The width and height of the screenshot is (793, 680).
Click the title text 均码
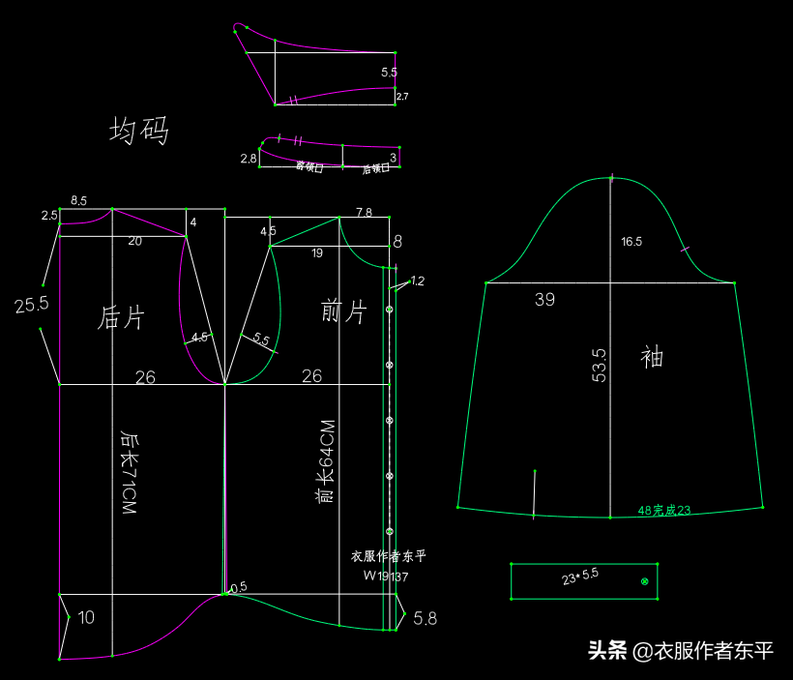[x=139, y=131]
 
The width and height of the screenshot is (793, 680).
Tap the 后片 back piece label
[x=122, y=317]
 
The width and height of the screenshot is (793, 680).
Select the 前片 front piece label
[x=343, y=311]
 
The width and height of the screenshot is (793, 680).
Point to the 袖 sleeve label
[x=652, y=357]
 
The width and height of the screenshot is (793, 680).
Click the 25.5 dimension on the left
[x=31, y=306]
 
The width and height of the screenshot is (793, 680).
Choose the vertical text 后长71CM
[x=128, y=472]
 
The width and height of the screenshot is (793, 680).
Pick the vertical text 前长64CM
[x=327, y=461]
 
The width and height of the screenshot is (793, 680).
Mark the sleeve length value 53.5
[x=600, y=366]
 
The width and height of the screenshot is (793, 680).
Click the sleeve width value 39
[x=545, y=300]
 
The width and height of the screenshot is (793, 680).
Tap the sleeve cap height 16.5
[x=631, y=242]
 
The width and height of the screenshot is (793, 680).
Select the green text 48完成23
[x=664, y=510]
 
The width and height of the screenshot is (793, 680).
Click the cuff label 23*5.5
[x=580, y=577]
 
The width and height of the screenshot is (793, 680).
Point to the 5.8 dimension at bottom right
[x=425, y=618]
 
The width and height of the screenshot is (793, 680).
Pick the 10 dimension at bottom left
[x=86, y=617]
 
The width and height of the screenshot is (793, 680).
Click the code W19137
[x=386, y=576]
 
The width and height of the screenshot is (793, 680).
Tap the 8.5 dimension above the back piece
[x=78, y=201]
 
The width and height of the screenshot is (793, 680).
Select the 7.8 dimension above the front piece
[x=364, y=212]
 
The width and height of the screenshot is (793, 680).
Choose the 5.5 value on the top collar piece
[x=389, y=73]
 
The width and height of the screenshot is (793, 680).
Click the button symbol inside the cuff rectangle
[x=645, y=581]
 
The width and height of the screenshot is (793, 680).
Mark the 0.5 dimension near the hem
[x=239, y=586]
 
